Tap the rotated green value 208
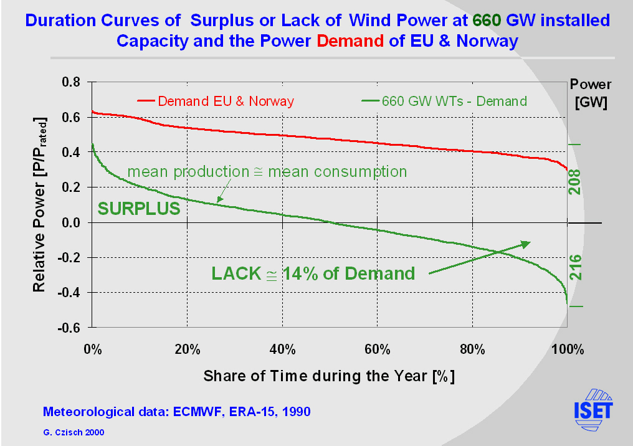(x=575, y=182)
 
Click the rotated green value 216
(x=575, y=267)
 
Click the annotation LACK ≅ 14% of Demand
(x=313, y=273)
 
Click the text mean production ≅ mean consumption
(x=267, y=171)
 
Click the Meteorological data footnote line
(x=176, y=412)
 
